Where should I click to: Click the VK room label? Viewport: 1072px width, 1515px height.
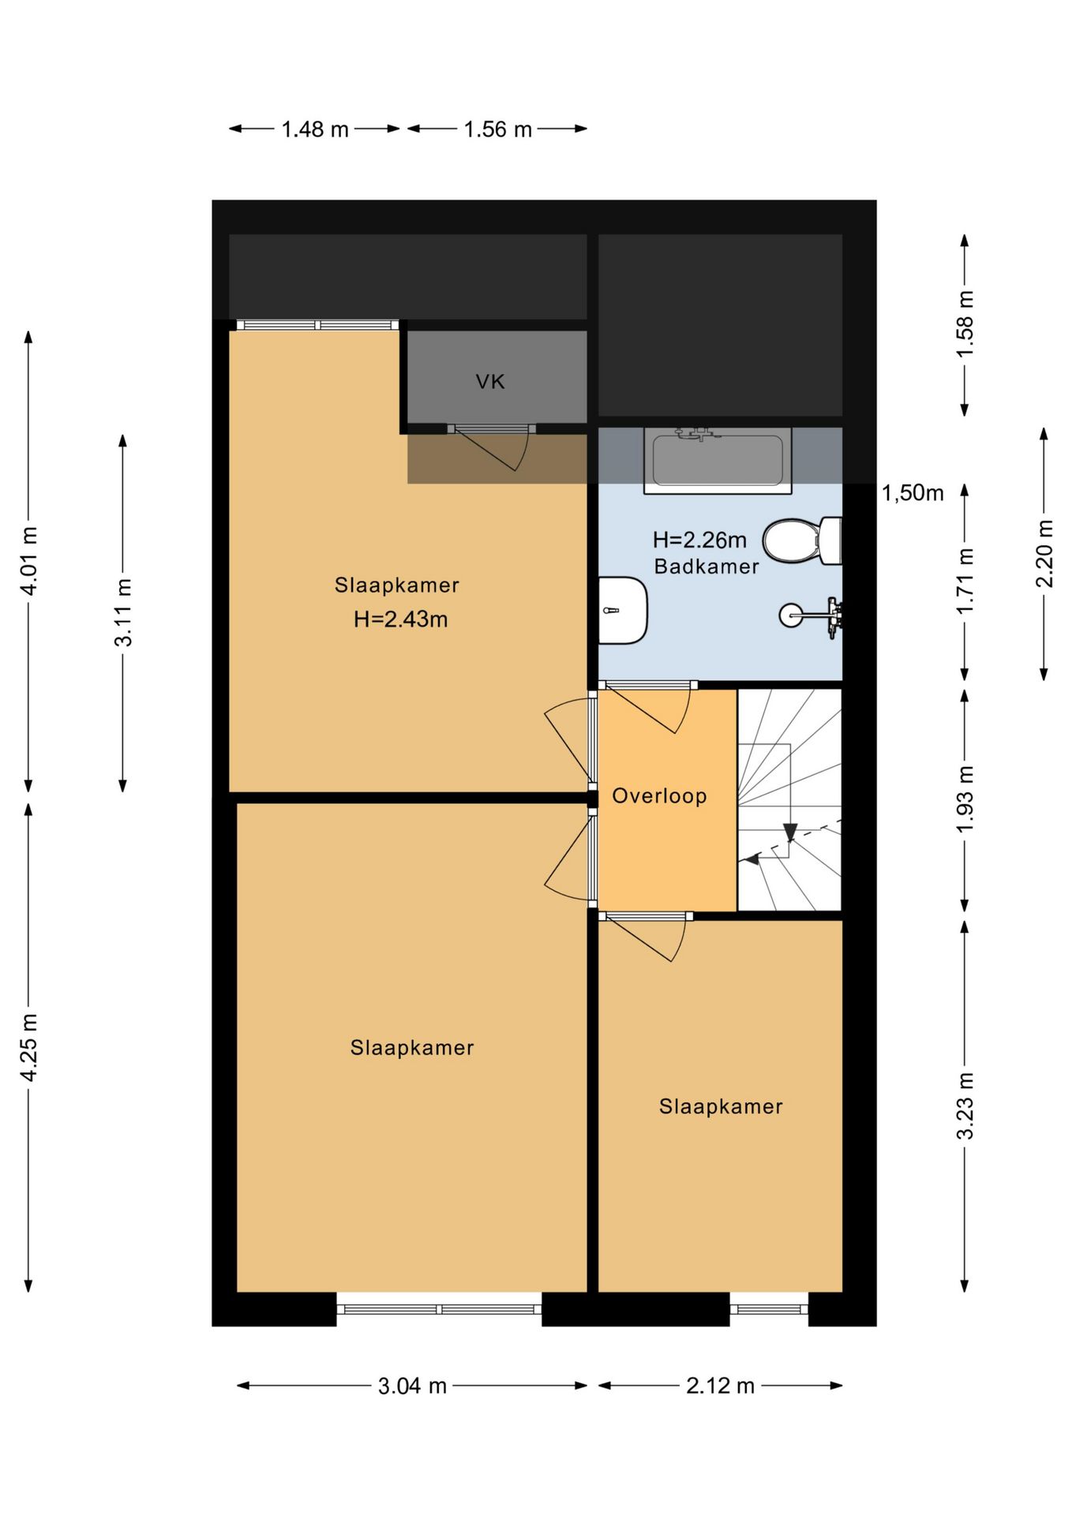[x=489, y=382]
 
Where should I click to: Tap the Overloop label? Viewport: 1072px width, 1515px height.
[x=659, y=795]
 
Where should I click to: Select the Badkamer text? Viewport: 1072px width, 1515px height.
[x=707, y=567]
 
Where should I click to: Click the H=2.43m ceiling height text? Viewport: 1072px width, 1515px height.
[x=401, y=619]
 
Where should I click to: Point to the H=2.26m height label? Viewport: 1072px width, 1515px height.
[x=699, y=540]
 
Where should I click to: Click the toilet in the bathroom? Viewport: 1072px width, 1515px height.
[x=802, y=541]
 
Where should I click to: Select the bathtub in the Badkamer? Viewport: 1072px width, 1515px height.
[x=718, y=461]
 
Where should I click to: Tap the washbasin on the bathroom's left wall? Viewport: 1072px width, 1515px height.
[x=623, y=610]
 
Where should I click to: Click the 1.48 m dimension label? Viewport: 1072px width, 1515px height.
[x=315, y=129]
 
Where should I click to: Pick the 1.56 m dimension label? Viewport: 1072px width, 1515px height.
[x=497, y=129]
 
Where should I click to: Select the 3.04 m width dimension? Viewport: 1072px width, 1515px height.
[x=412, y=1386]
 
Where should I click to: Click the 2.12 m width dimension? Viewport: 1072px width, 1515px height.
[x=720, y=1386]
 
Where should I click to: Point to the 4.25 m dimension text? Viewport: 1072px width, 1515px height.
[x=28, y=1048]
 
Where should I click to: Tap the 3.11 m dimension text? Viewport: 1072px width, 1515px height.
[x=123, y=612]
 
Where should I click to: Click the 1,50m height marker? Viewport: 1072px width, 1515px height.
[x=913, y=493]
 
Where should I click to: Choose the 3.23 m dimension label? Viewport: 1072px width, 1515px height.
[x=965, y=1105]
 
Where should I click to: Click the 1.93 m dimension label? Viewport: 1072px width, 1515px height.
[x=965, y=799]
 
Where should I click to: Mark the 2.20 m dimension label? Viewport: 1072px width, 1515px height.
[x=1044, y=553]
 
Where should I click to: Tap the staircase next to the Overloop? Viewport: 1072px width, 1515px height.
[x=789, y=800]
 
